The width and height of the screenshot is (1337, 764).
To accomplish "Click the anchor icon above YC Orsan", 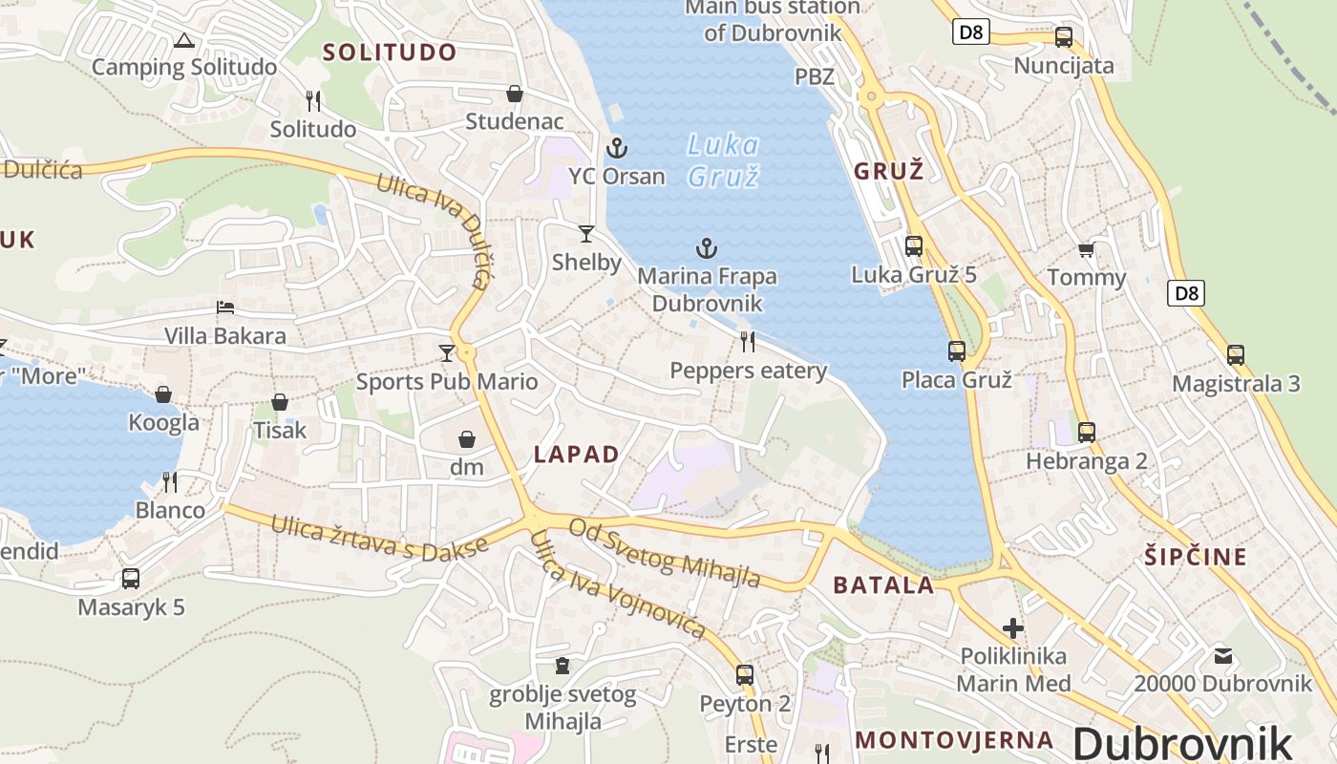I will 617,148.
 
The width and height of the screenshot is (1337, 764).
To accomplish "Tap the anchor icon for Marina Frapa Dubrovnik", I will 706,249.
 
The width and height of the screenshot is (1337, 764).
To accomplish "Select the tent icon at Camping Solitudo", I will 184,40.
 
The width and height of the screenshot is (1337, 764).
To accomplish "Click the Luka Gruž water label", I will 724,160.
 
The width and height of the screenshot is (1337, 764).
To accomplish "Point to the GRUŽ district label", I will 888,172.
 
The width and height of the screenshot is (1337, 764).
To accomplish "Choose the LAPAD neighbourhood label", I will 577,455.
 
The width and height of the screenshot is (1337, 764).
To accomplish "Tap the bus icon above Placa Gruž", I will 956,351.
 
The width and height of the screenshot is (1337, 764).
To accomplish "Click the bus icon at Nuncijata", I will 1063,37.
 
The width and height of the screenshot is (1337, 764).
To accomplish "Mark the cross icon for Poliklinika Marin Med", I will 1013,628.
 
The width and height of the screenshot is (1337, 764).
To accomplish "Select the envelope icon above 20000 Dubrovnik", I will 1223,655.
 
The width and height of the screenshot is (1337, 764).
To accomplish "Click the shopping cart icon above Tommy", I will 1086,250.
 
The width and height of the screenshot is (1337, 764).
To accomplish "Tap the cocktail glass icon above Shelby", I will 586,234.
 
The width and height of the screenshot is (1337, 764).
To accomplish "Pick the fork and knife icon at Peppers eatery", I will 748,341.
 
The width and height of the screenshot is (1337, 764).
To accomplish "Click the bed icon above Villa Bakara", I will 225,308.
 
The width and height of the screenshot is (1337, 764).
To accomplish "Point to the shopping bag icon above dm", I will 467,439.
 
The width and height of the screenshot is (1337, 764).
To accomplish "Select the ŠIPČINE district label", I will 1196,557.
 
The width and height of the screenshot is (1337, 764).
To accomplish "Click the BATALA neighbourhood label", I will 883,585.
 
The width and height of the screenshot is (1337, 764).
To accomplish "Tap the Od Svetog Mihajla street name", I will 665,553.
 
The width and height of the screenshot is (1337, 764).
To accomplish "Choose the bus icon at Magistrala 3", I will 1236,355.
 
